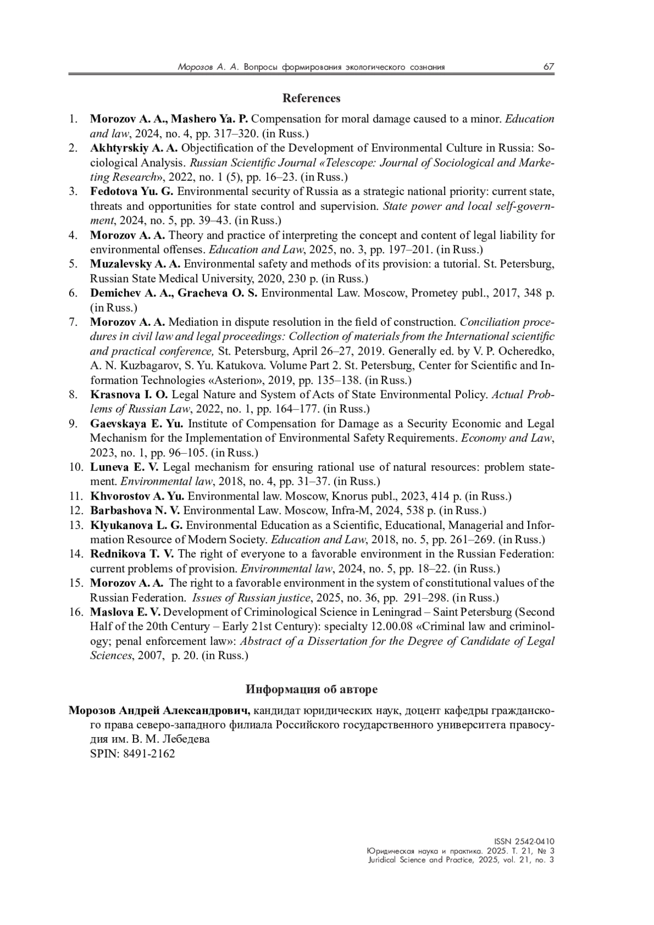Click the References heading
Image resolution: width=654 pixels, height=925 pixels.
click(x=311, y=99)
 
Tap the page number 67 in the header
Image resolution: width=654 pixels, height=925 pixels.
click(x=548, y=67)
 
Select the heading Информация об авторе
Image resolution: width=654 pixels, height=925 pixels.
click(x=311, y=690)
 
